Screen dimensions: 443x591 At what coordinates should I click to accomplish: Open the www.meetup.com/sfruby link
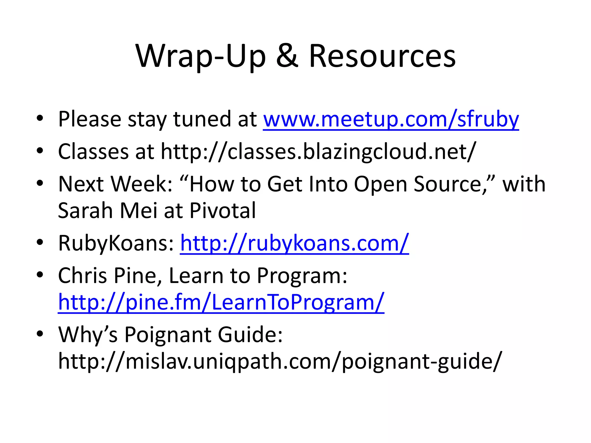tap(391, 119)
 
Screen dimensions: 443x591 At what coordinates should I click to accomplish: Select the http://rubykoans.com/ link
tap(294, 243)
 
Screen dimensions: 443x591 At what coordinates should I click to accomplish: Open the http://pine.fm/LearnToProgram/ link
tap(221, 302)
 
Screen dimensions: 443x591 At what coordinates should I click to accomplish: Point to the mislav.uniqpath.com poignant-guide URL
tap(280, 361)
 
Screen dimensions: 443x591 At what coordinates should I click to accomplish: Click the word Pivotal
tap(222, 211)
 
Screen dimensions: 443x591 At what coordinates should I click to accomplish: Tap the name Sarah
tap(85, 211)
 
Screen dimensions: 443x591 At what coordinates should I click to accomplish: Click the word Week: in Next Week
tap(142, 184)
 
